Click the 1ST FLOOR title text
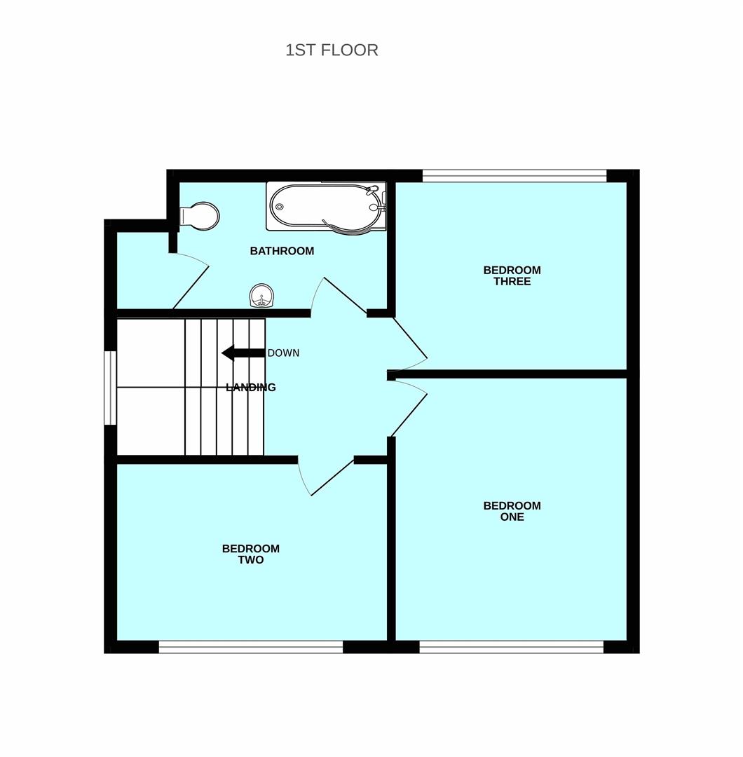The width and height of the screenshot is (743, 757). pos(332,50)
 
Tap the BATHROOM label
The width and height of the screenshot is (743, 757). pos(282,251)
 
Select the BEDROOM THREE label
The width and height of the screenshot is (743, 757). pos(512,275)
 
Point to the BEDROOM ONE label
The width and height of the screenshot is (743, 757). pos(512,511)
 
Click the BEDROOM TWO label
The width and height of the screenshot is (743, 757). pos(250,554)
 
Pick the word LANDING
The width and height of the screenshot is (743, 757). pos(251,387)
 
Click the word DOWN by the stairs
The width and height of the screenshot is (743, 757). pos(283,353)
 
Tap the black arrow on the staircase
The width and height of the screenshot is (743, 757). pos(243,353)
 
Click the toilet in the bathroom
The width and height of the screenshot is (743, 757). pos(199,216)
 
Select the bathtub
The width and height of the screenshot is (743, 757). pos(326,206)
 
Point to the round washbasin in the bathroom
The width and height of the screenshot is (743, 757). pos(261,296)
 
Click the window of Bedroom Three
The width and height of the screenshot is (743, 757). pos(514,176)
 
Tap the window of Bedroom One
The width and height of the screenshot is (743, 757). pos(511,647)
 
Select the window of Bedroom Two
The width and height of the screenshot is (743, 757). pos(251,647)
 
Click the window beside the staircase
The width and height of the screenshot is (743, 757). pos(111,388)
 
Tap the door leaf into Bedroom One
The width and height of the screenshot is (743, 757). pos(409,415)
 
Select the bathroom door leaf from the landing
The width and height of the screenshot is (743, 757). pos(345,296)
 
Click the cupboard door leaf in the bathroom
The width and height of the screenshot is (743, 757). pos(191,287)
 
